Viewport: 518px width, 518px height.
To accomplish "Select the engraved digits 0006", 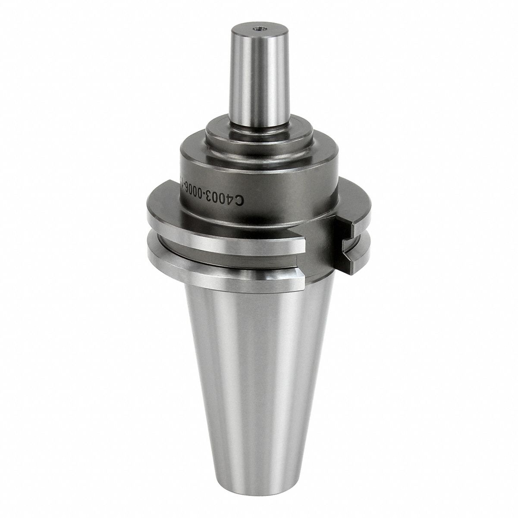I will click(x=192, y=191).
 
